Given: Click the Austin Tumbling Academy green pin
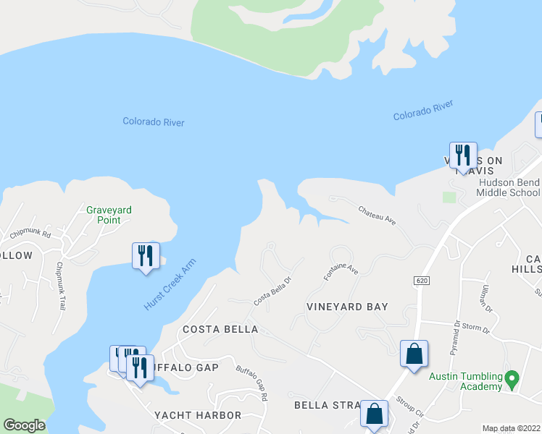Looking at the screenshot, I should pyautogui.click(x=512, y=378).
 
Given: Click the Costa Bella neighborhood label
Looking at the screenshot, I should pyautogui.click(x=220, y=329).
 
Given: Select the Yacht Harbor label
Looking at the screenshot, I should pyautogui.click(x=198, y=415).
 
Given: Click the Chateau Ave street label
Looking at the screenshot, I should pyautogui.click(x=377, y=215).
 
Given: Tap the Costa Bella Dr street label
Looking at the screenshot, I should pyautogui.click(x=272, y=292).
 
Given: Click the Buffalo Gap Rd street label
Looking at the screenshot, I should pyautogui.click(x=251, y=382).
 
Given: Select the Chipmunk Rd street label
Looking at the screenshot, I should pyautogui.click(x=30, y=234).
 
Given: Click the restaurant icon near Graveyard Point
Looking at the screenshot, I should pyautogui.click(x=146, y=256).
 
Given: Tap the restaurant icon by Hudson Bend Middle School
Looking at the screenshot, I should pyautogui.click(x=463, y=156).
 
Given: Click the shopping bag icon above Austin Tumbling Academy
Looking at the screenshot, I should pyautogui.click(x=414, y=354).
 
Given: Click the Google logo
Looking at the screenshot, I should pyautogui.click(x=24, y=425).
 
